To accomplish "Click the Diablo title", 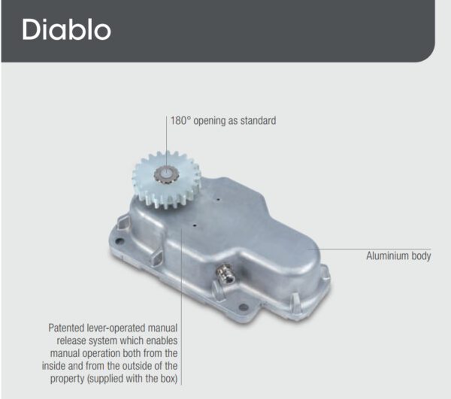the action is (66, 29).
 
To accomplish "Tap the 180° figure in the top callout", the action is (180, 120).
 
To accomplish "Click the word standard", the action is (258, 120).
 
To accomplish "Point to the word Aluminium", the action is (386, 255).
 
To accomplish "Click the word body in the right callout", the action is (420, 256).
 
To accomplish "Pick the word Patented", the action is (66, 328).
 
